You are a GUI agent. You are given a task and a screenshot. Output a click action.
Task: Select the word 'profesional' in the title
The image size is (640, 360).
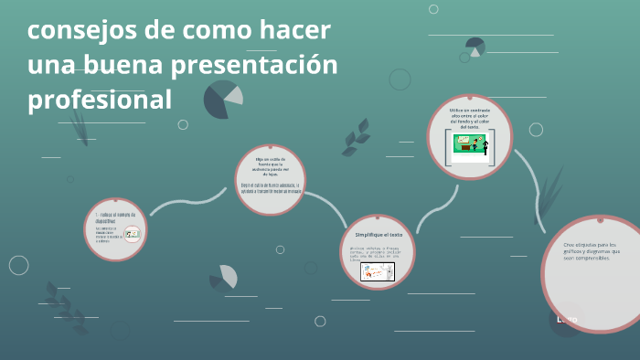pos(100,99)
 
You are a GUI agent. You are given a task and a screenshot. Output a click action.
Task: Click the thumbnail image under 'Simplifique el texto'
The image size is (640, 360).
pos(377,272)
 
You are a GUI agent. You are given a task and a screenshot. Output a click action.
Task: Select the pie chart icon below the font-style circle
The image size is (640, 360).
pos(224,277)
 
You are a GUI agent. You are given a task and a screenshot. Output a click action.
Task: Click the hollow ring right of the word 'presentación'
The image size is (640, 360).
pos(400,79)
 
